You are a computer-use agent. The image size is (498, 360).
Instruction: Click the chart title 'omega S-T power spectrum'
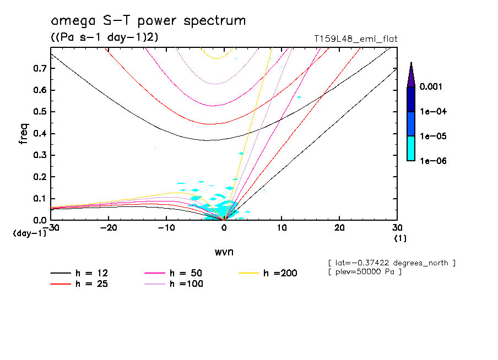click(148, 21)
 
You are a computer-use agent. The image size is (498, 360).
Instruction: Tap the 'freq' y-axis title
click(23, 134)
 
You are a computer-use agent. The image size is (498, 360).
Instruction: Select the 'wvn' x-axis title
click(224, 252)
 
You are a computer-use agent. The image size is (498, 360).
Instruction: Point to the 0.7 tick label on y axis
click(40, 68)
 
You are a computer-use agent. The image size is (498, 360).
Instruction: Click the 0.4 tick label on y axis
click(40, 133)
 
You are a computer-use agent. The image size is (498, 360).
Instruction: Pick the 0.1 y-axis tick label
click(40, 199)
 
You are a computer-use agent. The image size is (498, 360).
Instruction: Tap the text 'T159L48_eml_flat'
click(355, 39)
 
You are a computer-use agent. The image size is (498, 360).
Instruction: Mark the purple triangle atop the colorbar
click(411, 75)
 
